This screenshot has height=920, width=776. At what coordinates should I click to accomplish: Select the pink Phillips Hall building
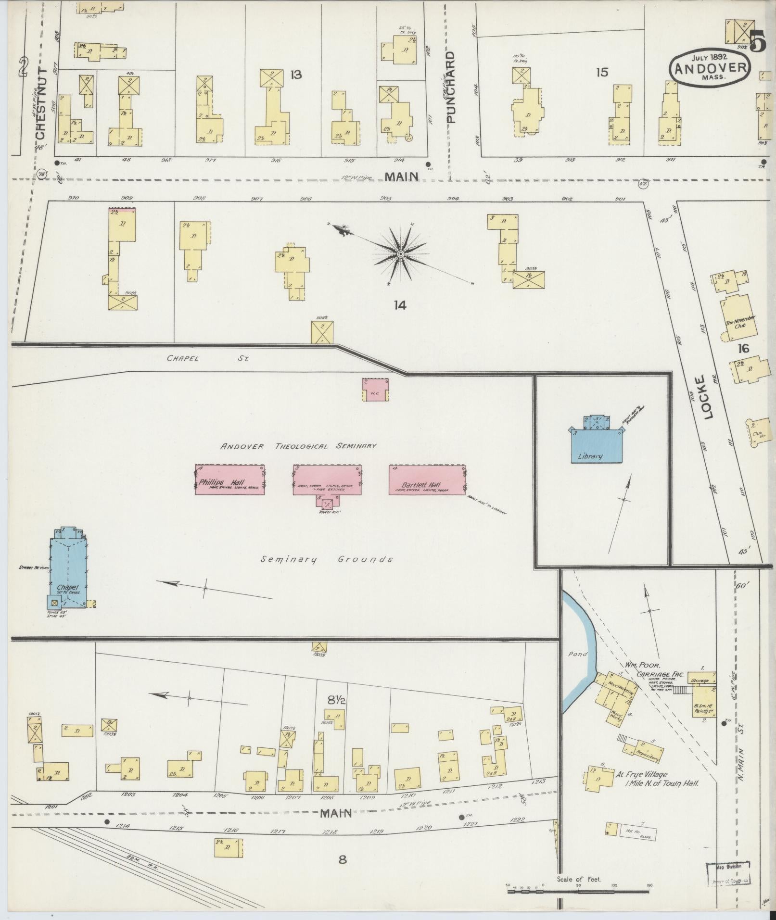click(230, 479)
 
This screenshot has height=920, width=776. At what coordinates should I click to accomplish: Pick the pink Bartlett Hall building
click(427, 479)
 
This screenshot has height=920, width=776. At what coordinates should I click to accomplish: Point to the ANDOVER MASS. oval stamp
click(710, 68)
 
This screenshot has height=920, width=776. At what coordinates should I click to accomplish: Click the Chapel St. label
click(207, 358)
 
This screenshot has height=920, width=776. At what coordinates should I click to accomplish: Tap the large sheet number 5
click(756, 40)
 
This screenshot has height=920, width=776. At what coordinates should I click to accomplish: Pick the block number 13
click(296, 75)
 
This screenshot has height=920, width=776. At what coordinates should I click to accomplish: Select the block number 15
click(602, 72)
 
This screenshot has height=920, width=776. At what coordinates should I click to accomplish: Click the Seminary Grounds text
click(327, 559)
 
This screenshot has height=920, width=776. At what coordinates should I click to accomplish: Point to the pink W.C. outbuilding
click(376, 390)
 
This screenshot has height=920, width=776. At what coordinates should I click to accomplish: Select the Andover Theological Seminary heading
click(298, 446)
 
